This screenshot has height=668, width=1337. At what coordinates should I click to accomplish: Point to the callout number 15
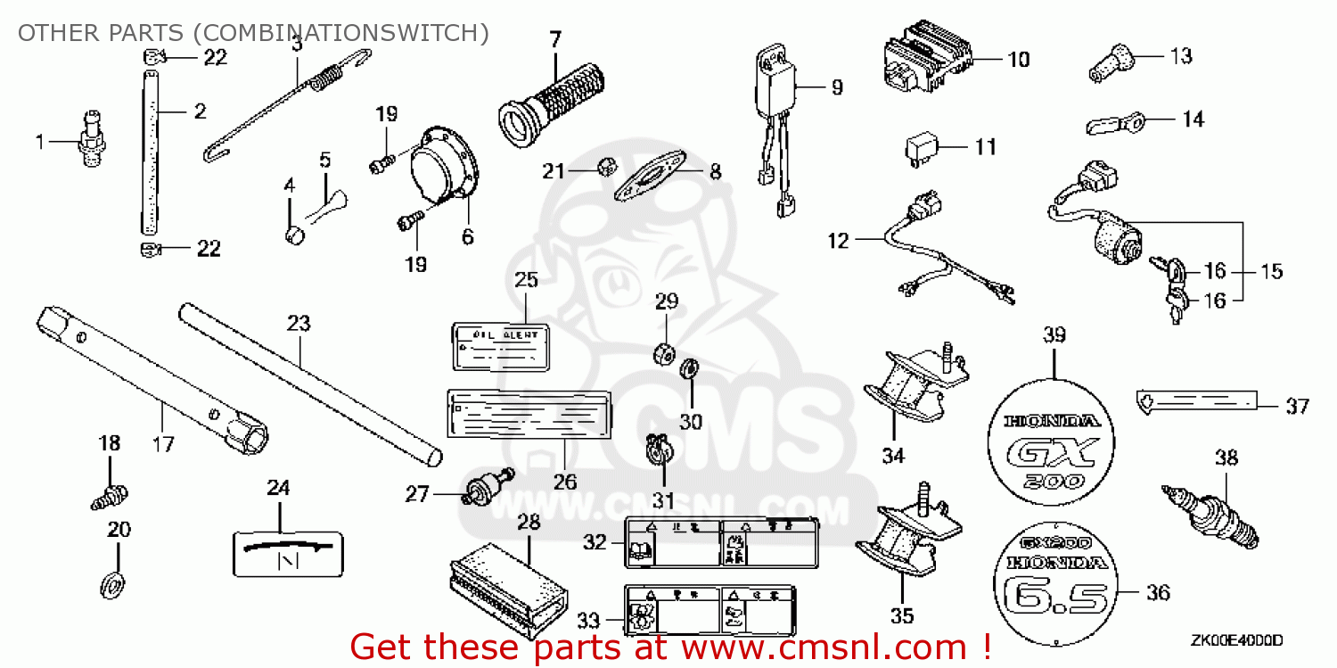coord(1273,270)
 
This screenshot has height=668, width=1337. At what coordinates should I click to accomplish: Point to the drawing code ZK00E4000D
coord(1236,640)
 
